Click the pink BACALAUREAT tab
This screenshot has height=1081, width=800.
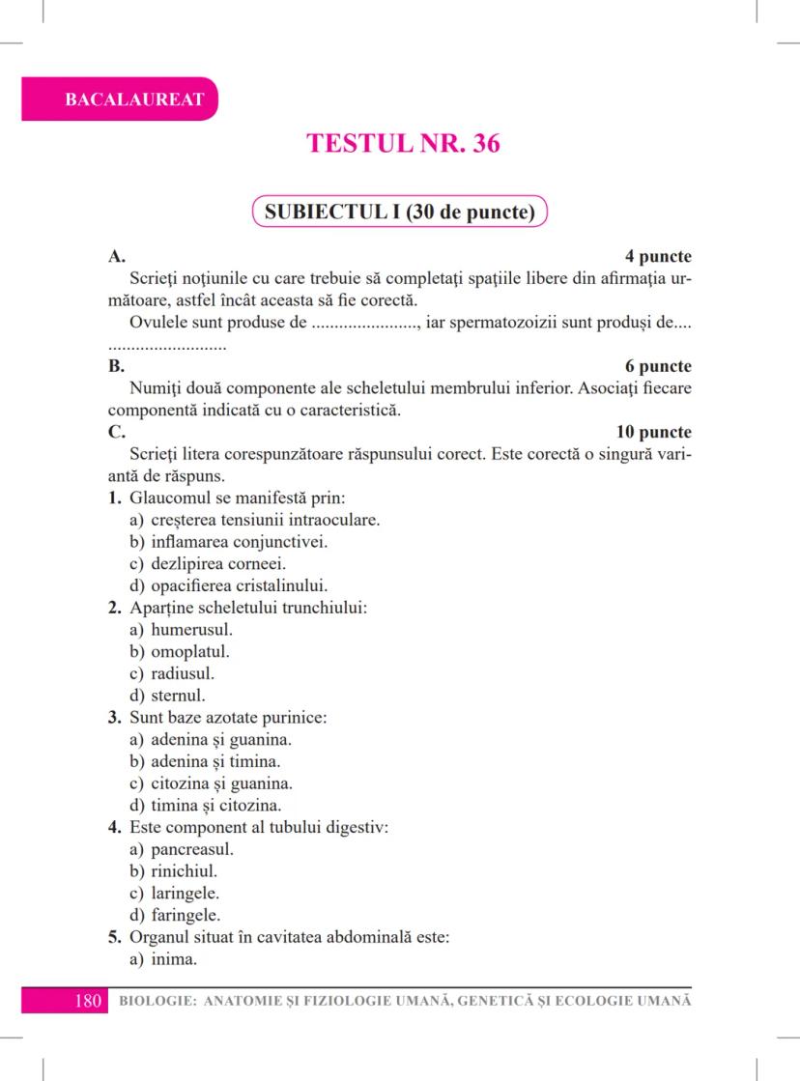[120, 99]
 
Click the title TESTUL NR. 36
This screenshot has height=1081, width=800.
[403, 143]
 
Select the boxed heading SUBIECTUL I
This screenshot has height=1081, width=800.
[399, 212]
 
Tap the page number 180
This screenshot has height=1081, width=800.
[88, 1000]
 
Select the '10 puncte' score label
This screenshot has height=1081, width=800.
[654, 432]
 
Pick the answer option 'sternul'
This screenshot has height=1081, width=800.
[178, 695]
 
